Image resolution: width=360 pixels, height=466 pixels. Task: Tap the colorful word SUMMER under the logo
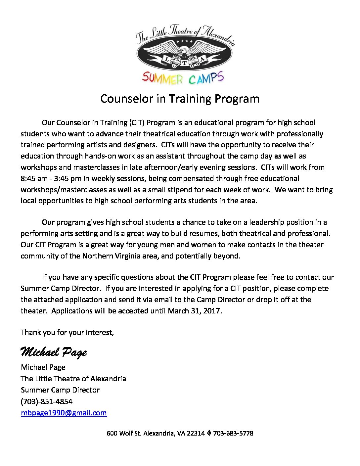pos(162,78)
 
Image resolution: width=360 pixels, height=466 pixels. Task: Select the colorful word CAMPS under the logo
pos(206,78)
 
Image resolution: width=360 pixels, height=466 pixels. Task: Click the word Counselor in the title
pos(127,99)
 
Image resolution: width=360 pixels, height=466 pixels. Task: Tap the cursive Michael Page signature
pos(54,352)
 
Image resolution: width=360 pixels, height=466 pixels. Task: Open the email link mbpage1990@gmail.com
pos(64,413)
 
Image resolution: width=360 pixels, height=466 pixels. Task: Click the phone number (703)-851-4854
pos(46,401)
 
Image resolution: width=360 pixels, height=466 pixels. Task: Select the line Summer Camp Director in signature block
pos(60,390)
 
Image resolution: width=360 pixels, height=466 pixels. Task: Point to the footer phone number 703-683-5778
pos(233,433)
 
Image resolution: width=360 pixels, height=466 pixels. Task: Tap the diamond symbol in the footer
pos(209,433)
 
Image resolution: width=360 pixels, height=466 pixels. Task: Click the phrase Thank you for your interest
pos(67,332)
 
